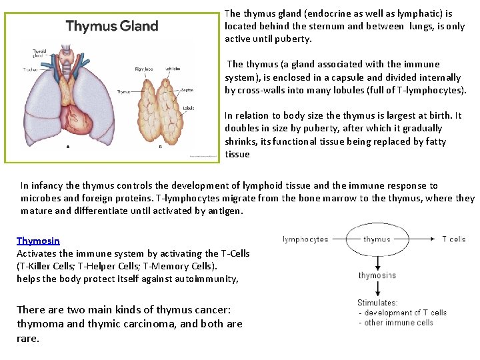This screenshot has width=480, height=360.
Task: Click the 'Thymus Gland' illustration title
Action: point(112,27)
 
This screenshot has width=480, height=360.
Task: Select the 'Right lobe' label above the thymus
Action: point(144,69)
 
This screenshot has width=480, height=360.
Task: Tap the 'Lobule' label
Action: point(188,107)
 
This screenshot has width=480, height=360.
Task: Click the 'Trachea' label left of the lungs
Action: point(31,69)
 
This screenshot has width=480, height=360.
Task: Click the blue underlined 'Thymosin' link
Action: point(38,241)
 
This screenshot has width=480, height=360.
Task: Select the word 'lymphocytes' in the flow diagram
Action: point(305,239)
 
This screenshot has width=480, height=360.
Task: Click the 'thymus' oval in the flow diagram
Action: point(377,239)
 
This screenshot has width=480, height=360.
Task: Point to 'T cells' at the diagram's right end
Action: point(453,239)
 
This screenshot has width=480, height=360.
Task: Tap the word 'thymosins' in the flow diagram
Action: point(377,275)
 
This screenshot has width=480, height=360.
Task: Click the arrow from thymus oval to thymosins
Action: point(377,262)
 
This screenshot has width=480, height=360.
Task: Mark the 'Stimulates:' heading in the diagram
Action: point(378,303)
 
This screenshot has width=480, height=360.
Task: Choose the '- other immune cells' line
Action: point(395,323)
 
